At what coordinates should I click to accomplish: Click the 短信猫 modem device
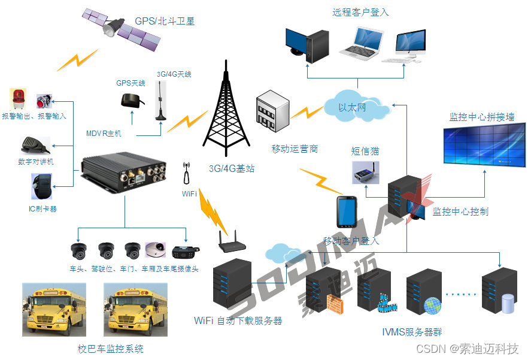pyautogui.click(x=366, y=171)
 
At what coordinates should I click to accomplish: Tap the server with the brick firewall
pyautogui.click(x=323, y=291)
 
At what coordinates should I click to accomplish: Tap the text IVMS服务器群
pyautogui.click(x=412, y=332)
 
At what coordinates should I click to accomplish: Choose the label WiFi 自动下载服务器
pyautogui.click(x=238, y=320)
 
